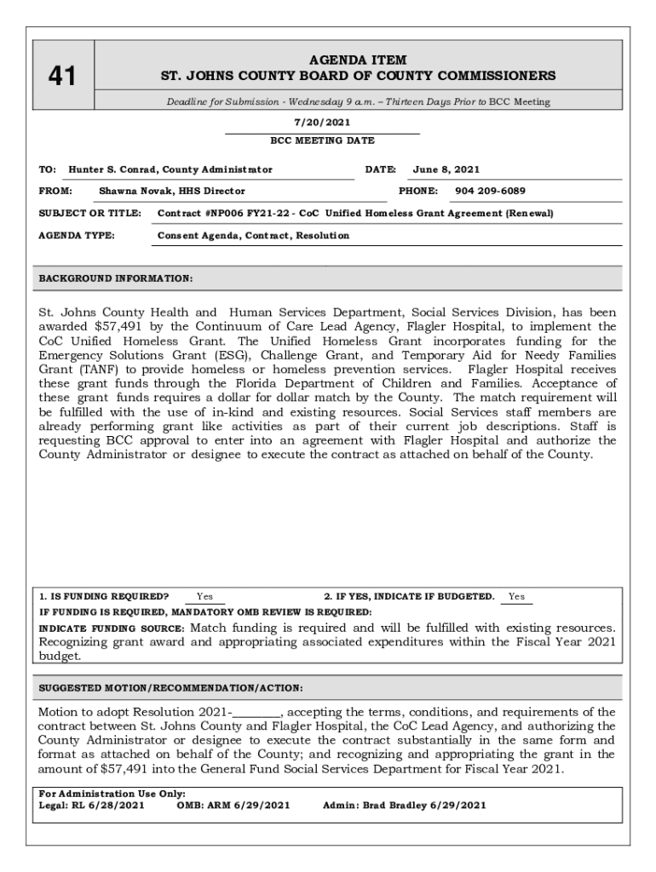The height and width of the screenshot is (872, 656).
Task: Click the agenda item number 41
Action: click(x=61, y=77)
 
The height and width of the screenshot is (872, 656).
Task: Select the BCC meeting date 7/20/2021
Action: click(x=322, y=123)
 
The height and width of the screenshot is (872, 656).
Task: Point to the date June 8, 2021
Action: click(x=446, y=169)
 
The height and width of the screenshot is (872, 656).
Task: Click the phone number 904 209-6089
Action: click(x=490, y=192)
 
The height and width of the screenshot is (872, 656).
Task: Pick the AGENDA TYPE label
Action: click(x=78, y=235)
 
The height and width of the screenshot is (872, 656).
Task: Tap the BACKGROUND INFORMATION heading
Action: click(x=116, y=278)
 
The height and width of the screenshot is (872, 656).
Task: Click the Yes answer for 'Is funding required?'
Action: click(x=205, y=597)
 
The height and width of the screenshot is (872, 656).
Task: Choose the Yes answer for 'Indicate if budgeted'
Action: click(x=516, y=597)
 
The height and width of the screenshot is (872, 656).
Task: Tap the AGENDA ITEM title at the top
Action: click(x=358, y=60)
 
